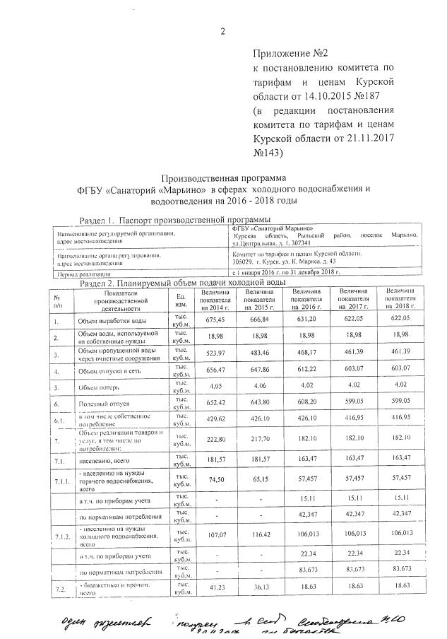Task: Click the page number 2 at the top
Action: pos(223,30)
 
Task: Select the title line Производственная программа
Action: pos(223,177)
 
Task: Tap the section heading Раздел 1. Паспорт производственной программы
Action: pos(175,219)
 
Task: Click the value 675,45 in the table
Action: pos(215,320)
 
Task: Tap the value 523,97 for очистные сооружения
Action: pos(215,353)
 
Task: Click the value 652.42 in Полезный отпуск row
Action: pos(215,401)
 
